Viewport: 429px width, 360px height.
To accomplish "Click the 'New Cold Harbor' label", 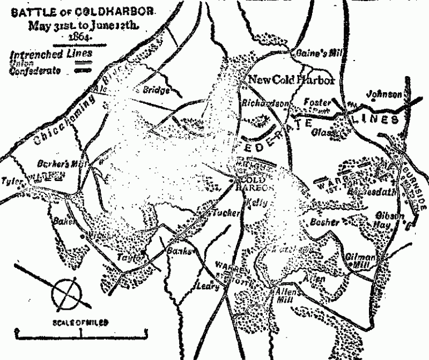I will point(291,80).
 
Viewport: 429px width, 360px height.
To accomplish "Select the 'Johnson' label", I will point(384,95).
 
